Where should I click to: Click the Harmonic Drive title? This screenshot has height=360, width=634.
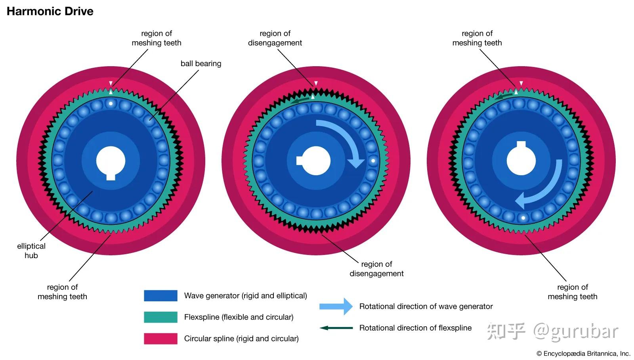pos(50,11)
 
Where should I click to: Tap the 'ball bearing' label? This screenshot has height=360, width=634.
pos(201,63)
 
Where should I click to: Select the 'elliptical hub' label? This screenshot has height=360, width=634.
pos(31,251)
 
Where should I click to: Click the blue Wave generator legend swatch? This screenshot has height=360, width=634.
pos(160,296)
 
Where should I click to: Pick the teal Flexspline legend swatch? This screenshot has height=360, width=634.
pos(160,317)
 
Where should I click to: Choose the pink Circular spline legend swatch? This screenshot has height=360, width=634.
pos(160,339)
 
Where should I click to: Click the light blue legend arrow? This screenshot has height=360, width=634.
pos(336,306)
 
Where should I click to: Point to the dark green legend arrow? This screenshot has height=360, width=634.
pos(336,328)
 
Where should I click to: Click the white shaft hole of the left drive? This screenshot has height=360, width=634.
pos(111,161)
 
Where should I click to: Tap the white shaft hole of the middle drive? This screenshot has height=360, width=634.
pos(316,161)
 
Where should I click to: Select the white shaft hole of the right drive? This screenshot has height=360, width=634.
pos(521,160)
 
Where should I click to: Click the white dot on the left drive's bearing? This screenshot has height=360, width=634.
pos(111,104)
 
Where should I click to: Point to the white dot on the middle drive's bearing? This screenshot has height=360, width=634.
pos(373,161)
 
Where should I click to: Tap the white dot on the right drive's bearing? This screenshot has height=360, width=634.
pos(523,218)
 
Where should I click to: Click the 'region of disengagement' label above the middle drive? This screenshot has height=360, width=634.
pos(275,38)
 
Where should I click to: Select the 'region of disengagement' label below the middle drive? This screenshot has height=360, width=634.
pos(376,269)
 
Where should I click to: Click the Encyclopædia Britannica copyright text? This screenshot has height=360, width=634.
pos(583,353)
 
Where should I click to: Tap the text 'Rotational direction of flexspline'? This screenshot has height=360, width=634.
pos(415,328)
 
